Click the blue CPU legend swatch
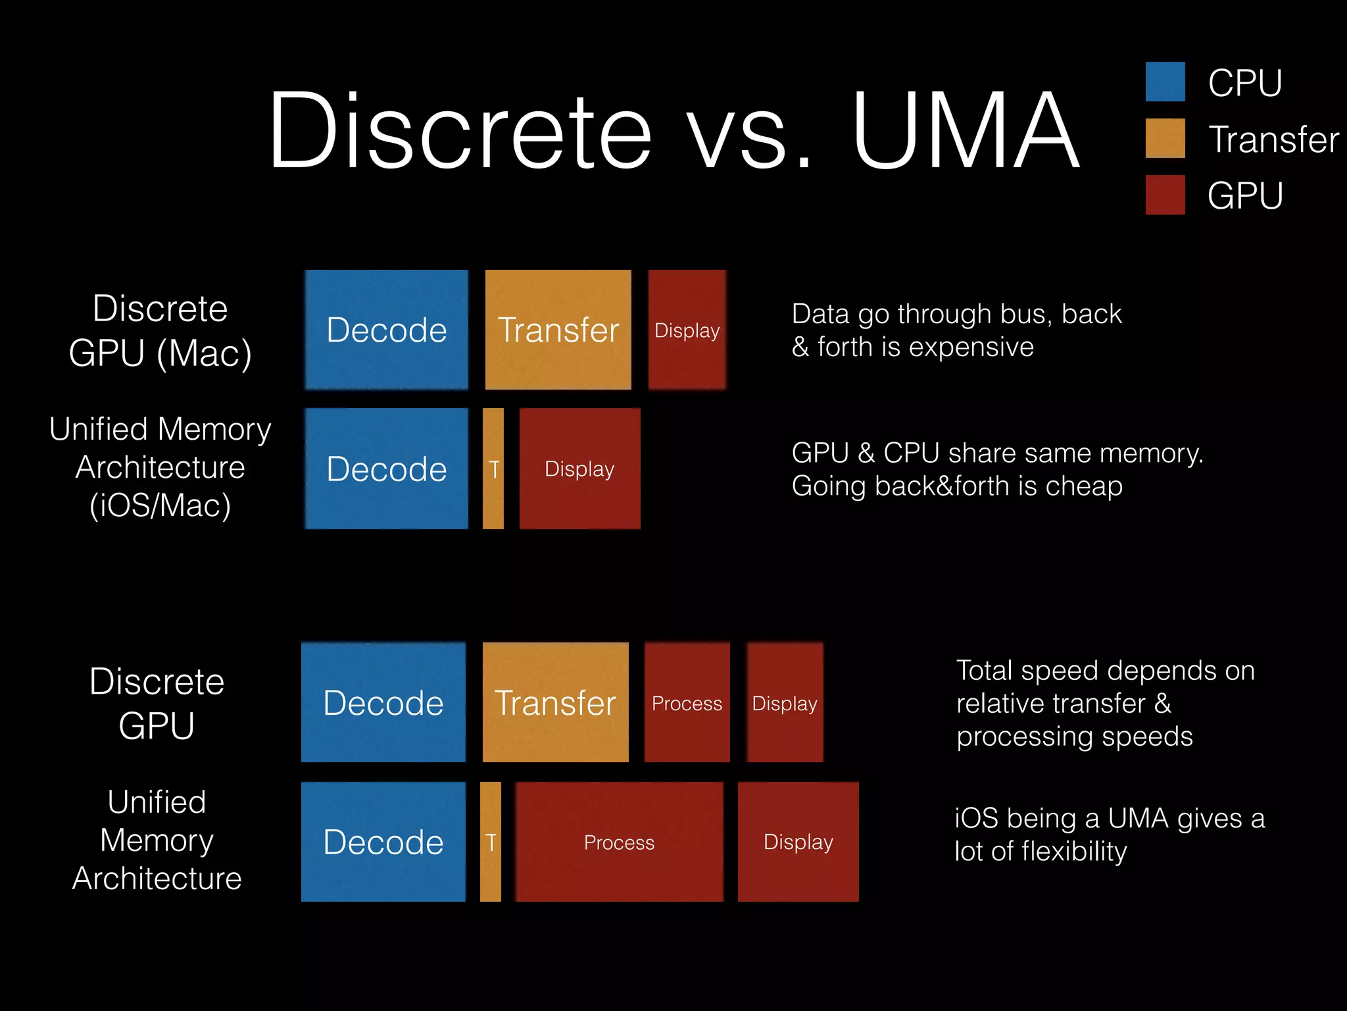coord(1165,82)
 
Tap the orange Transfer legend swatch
coord(1165,138)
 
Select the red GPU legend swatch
coord(1165,195)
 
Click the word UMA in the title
coord(966,130)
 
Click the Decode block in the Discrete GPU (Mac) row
coord(387,330)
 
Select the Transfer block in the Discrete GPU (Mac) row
coord(558,330)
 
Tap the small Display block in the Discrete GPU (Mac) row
coord(687,330)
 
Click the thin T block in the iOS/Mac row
coord(493,469)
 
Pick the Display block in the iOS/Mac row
coord(579,469)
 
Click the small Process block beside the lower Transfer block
coord(687,703)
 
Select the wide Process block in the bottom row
coord(619,842)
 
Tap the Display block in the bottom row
coord(798,842)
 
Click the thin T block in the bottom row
coord(491,842)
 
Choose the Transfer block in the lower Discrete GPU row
coord(555,703)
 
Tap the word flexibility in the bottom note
coord(1074,852)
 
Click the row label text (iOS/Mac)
coord(160,505)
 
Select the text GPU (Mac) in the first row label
coord(160,353)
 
